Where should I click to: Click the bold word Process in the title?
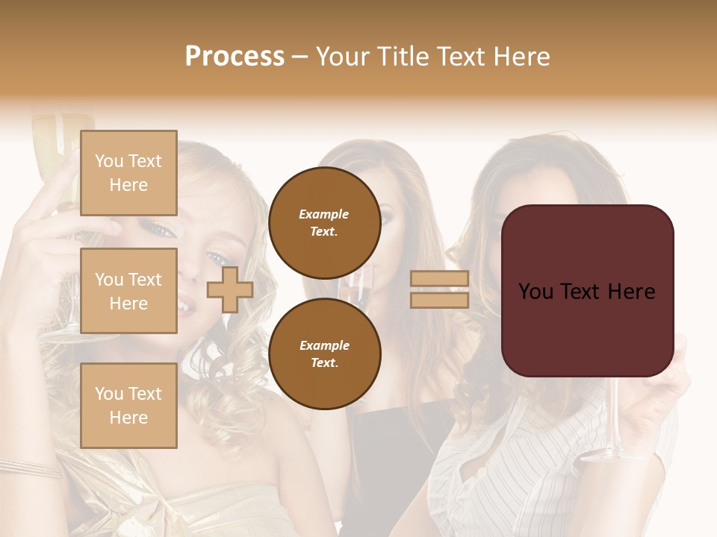(x=235, y=57)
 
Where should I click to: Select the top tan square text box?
(x=128, y=173)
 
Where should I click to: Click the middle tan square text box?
(x=128, y=291)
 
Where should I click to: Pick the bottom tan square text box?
(x=128, y=406)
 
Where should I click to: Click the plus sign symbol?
(x=230, y=290)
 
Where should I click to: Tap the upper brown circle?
(x=324, y=222)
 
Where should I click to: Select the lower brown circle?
(x=324, y=354)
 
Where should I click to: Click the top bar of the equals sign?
(x=440, y=279)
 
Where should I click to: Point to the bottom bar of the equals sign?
(x=440, y=300)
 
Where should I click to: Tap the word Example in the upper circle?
(x=324, y=214)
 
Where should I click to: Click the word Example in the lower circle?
(x=324, y=345)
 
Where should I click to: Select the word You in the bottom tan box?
(x=108, y=394)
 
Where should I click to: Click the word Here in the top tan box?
(x=128, y=185)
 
